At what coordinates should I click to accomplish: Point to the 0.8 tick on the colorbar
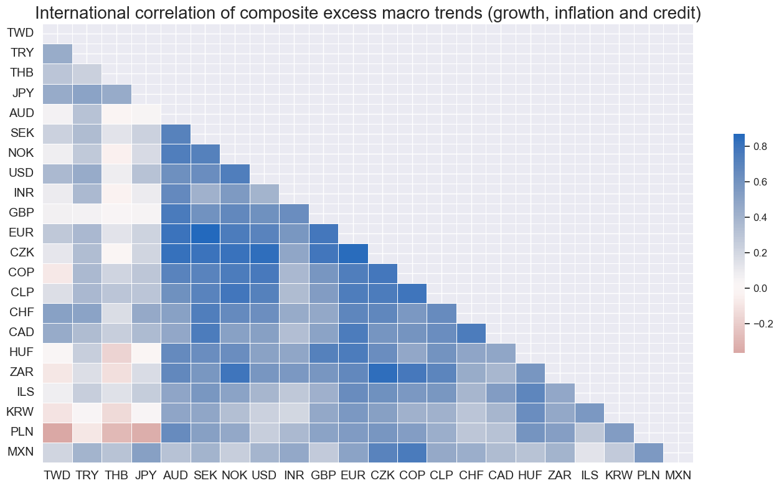760,148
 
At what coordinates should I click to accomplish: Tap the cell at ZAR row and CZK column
382,373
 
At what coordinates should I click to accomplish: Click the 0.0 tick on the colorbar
760,288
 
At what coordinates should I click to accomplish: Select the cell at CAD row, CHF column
471,333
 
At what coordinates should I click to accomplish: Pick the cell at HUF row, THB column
117,353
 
